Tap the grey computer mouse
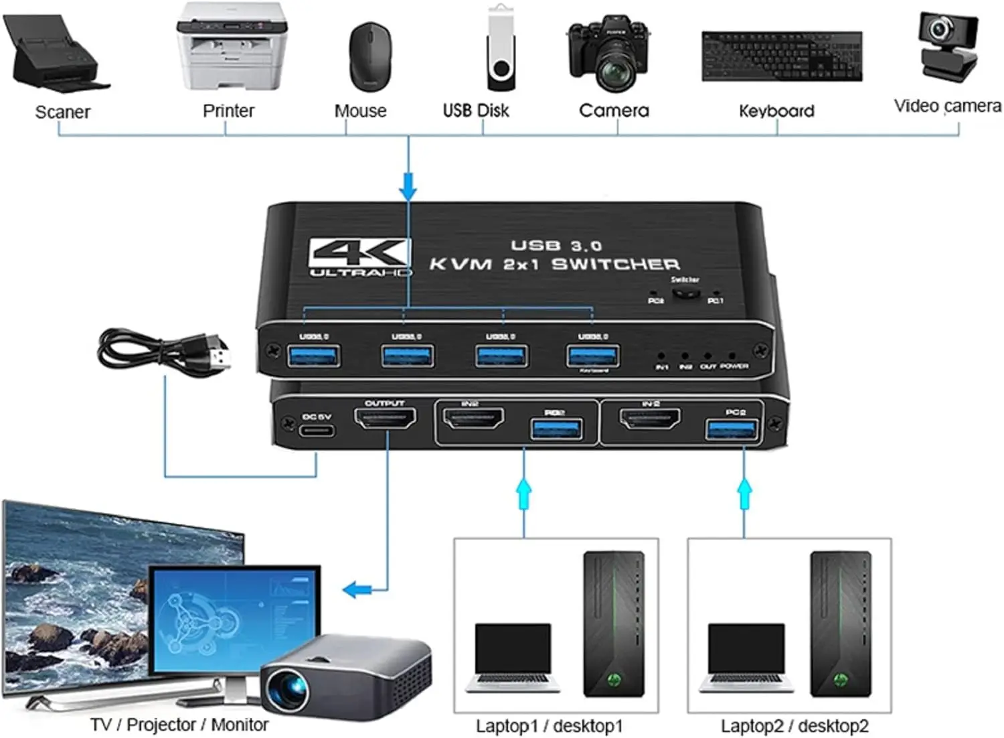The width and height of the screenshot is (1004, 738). pos(369,56)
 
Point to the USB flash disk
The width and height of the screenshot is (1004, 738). pos(501,50)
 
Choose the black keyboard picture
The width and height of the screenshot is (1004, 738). pos(782,56)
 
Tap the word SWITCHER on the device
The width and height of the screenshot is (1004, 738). pos(615,264)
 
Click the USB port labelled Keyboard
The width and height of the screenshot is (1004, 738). pos(592,355)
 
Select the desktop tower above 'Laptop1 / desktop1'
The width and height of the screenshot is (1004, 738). pos(613,623)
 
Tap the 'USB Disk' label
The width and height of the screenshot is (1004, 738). pos(476,110)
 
